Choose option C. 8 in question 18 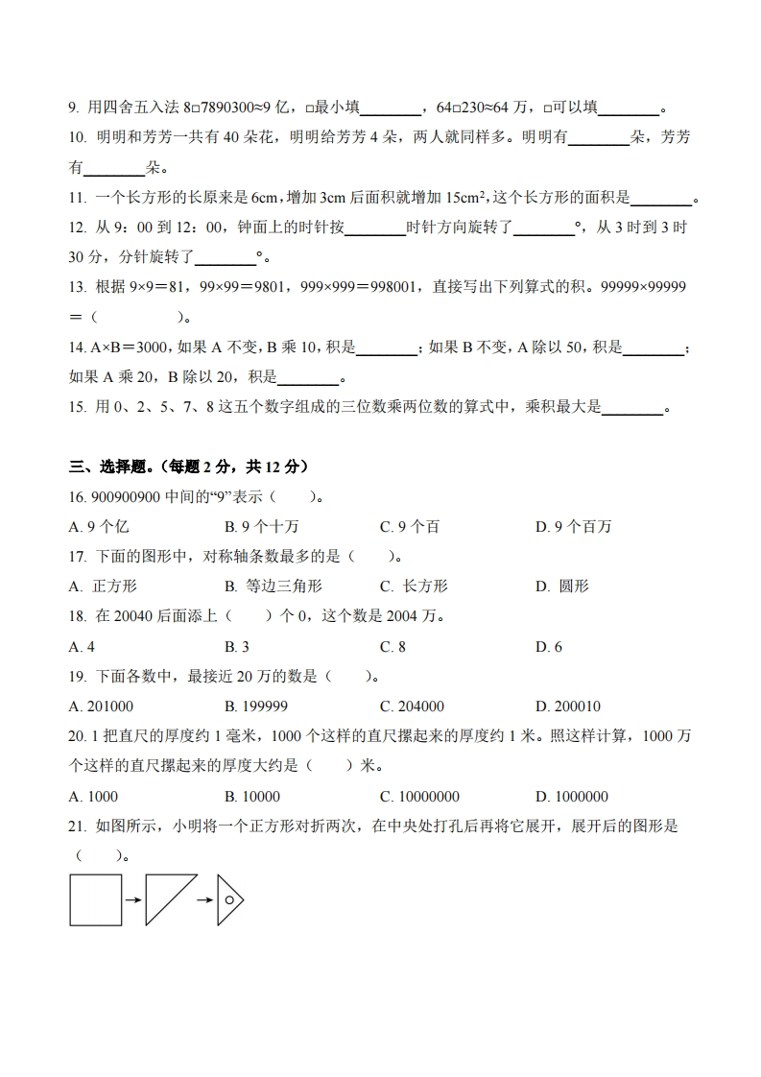tap(392, 646)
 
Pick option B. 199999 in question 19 tap(256, 706)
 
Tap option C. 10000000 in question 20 tap(419, 796)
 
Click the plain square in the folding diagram tap(96, 899)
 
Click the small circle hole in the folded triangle tap(229, 899)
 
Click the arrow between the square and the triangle tap(133, 900)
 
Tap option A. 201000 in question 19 tap(102, 706)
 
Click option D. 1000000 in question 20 tap(572, 796)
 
